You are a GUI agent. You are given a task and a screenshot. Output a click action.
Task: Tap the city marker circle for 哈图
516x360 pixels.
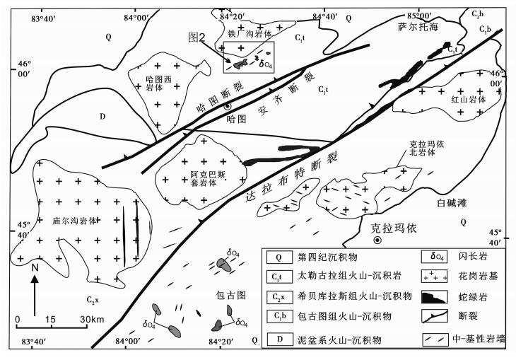[x=227, y=106]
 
